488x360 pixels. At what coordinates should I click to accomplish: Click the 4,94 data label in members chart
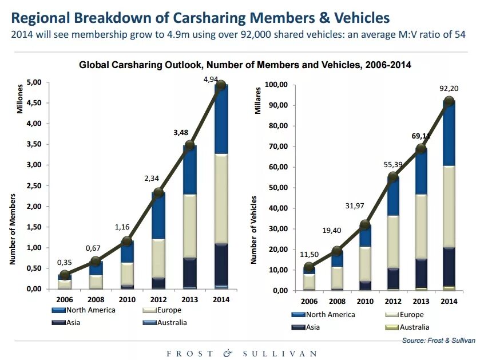point(211,80)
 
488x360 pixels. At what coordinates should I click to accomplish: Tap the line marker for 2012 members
point(158,192)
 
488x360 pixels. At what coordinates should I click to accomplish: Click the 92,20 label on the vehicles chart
point(450,89)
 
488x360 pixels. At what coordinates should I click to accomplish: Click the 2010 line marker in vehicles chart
point(366,224)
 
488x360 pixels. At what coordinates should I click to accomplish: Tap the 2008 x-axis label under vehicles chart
point(338,301)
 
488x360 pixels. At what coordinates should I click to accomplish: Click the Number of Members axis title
point(12,229)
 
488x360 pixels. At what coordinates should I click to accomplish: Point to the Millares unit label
point(257,100)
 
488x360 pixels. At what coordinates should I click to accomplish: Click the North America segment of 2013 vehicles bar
point(421,172)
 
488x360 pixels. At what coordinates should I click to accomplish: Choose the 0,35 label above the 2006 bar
point(65,263)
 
